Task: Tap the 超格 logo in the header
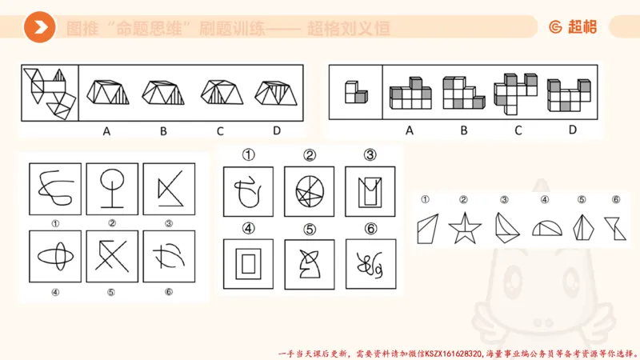coord(573,27)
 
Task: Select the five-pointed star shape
coord(462,228)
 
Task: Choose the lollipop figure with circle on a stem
coord(110,188)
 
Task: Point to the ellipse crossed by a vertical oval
coord(53,256)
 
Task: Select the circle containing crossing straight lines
coord(308,191)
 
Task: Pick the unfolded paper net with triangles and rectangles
coord(49,90)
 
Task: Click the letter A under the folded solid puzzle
coord(106,130)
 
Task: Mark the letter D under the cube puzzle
coord(572,130)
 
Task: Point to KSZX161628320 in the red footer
coord(448,351)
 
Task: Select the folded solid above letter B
coord(162,93)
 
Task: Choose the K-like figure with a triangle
coord(167,188)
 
